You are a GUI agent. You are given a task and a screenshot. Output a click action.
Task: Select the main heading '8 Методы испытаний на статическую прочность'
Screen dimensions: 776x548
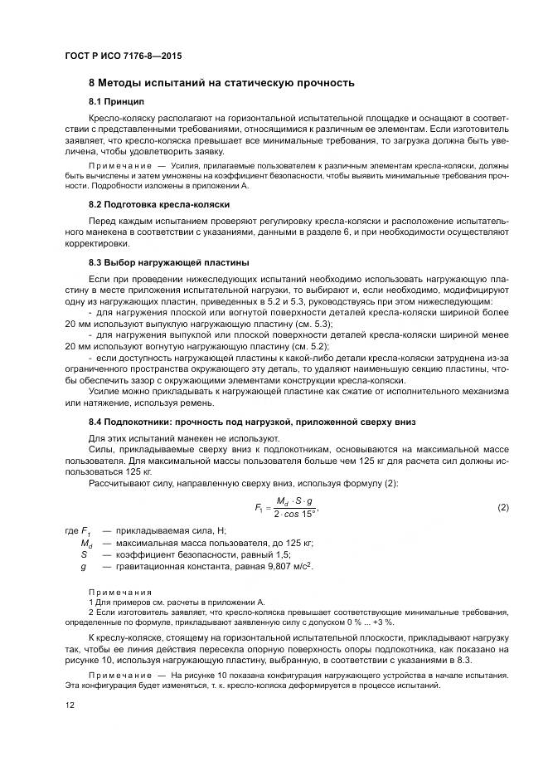tap(221, 83)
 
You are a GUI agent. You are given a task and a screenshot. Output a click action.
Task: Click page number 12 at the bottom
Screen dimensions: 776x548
tap(70, 705)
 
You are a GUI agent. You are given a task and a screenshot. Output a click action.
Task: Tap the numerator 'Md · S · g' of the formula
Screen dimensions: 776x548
tap(291, 501)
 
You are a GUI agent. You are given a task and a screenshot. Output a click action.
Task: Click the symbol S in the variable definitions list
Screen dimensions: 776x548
tap(84, 554)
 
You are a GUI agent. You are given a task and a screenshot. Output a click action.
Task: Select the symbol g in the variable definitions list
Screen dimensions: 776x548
tap(84, 566)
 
